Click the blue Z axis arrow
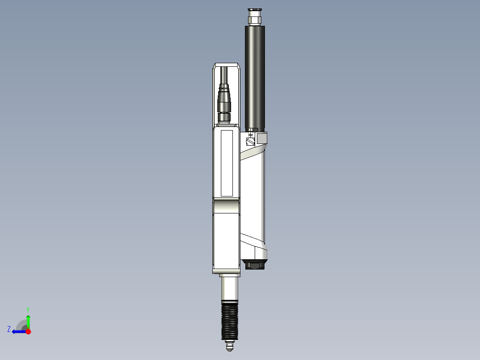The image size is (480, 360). (x=18, y=331)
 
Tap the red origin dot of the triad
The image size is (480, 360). (x=28, y=331)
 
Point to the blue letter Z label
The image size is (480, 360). (x=9, y=329)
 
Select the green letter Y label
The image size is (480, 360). (x=28, y=309)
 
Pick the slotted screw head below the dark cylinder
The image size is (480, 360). (x=250, y=142)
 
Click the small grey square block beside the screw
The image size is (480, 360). (x=262, y=139)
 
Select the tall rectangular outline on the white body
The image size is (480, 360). (x=227, y=163)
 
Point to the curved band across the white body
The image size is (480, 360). (x=226, y=206)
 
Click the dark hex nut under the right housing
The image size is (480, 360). (x=255, y=266)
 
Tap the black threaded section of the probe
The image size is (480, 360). (x=229, y=320)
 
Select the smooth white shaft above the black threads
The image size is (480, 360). (x=229, y=289)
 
